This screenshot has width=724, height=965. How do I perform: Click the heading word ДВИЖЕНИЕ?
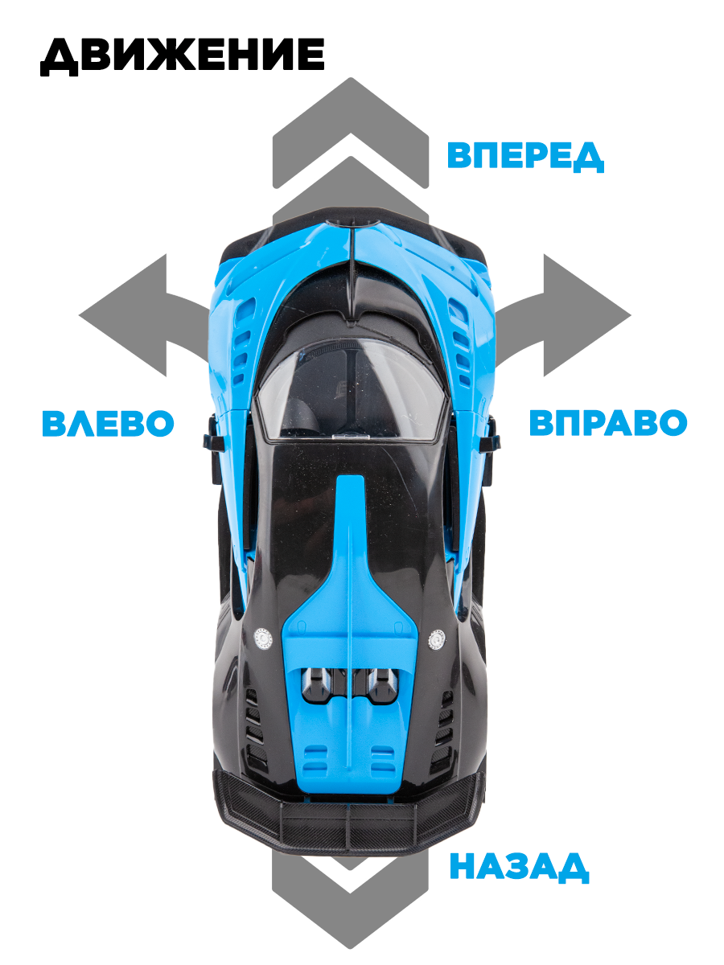click(x=182, y=56)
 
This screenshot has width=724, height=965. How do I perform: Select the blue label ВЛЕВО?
click(x=108, y=423)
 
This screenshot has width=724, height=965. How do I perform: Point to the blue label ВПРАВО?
click(x=607, y=423)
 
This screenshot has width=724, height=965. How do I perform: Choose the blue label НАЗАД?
click(x=519, y=868)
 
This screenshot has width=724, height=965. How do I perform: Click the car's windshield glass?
click(x=351, y=390)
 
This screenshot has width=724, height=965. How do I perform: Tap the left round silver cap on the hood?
click(x=263, y=638)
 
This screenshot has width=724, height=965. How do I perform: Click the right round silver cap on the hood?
click(x=437, y=639)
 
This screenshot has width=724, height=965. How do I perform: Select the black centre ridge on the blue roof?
click(x=353, y=273)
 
